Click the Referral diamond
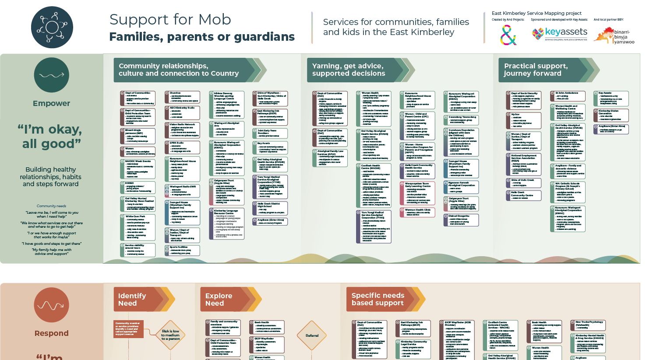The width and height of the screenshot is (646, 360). pyautogui.click(x=312, y=335)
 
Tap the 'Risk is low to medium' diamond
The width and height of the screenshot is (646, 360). pyautogui.click(x=170, y=335)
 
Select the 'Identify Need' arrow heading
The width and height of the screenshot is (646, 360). pyautogui.click(x=139, y=300)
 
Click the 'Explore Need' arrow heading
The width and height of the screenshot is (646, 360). pyautogui.click(x=226, y=300)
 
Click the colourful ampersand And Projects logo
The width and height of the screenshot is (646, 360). pyautogui.click(x=508, y=35)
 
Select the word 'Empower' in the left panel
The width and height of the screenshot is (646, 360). pyautogui.click(x=51, y=103)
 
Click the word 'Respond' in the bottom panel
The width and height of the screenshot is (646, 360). pyautogui.click(x=51, y=333)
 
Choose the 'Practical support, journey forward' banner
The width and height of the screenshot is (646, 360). pyautogui.click(x=543, y=70)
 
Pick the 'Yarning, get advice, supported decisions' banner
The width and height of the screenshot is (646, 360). pyautogui.click(x=355, y=70)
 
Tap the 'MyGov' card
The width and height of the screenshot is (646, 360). pyautogui.click(x=523, y=120)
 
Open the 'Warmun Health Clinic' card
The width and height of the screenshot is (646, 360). pyautogui.click(x=417, y=212)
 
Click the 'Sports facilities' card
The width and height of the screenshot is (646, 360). pyautogui.click(x=182, y=250)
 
